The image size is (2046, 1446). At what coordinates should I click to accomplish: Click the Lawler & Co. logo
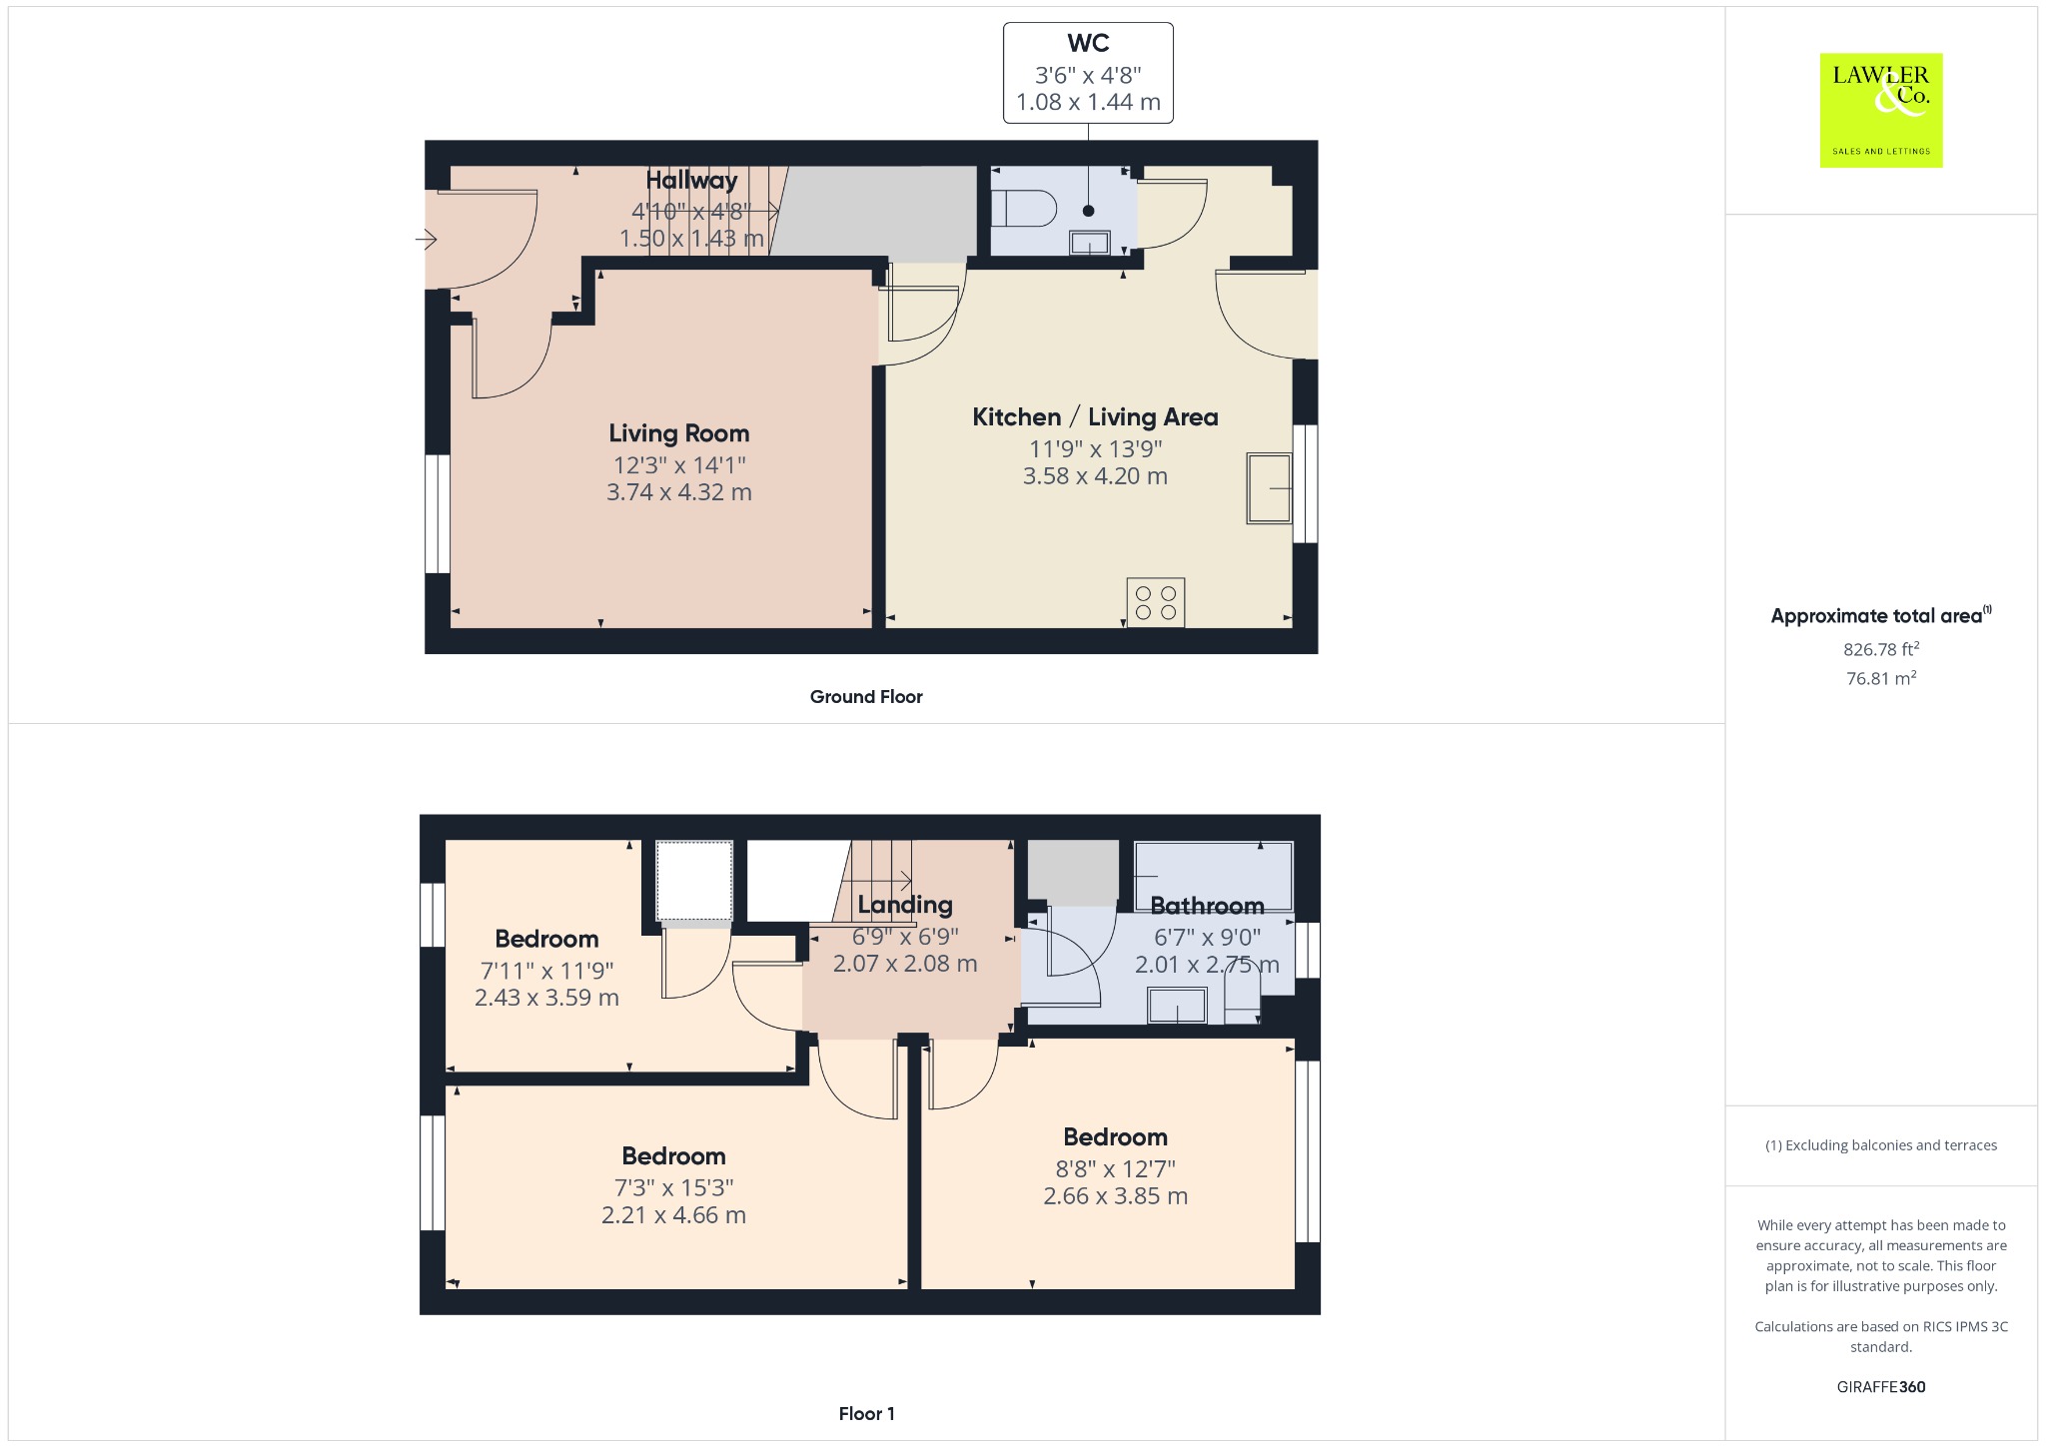pos(1880,110)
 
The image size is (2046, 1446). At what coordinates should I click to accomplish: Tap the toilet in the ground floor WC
pos(1024,210)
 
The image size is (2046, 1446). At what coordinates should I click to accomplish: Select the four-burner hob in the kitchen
pos(1156,602)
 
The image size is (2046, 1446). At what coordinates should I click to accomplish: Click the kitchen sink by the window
pos(1269,488)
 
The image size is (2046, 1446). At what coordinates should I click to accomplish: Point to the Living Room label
pos(679,433)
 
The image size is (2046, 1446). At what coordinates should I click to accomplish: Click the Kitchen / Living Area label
pos(1095,417)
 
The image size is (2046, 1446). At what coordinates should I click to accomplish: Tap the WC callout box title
pos(1088,43)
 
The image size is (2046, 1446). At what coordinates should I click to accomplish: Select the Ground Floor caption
pos(866,697)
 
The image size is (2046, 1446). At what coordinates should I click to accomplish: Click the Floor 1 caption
pos(867,1413)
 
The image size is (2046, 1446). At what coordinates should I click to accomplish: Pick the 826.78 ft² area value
pos(1881,649)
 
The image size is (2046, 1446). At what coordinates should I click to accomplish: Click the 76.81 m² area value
pos(1881,678)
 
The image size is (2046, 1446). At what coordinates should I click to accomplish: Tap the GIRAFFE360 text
pos(1881,1386)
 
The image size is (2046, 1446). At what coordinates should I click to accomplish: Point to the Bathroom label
pos(1207,906)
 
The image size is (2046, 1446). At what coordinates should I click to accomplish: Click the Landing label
pos(905,906)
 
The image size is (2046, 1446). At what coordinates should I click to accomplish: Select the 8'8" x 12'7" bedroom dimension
pos(1116,1168)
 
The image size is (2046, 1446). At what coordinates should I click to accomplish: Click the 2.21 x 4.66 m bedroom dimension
pos(673,1215)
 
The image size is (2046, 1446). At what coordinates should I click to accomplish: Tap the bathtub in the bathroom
pos(1214,877)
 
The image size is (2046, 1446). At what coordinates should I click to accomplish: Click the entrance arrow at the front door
pos(427,240)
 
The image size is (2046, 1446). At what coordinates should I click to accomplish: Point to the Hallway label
pos(691,180)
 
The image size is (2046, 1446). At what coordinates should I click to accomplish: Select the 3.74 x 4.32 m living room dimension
pos(679,492)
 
